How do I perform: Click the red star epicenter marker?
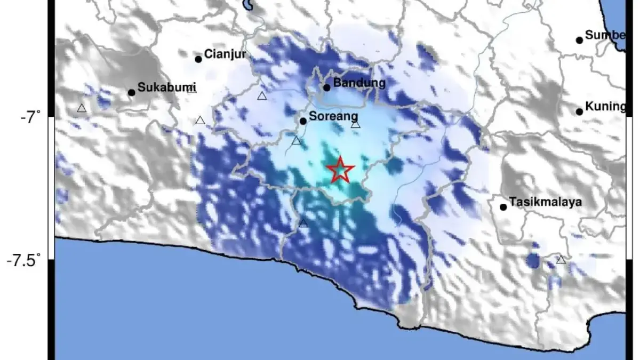[340, 170]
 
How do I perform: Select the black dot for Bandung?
[327, 87]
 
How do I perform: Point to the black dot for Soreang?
[303, 121]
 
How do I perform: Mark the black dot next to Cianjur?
[198, 59]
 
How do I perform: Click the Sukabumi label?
[167, 87]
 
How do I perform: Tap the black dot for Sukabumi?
[131, 92]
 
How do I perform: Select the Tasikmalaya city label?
[545, 202]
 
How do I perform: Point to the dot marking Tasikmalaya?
[503, 207]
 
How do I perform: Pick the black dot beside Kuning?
[579, 111]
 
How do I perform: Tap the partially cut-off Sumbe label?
[605, 35]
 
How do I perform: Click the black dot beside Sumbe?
[579, 40]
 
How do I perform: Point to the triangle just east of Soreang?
[356, 125]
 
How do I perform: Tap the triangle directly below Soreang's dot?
[297, 141]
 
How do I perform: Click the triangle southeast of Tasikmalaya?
[561, 260]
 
